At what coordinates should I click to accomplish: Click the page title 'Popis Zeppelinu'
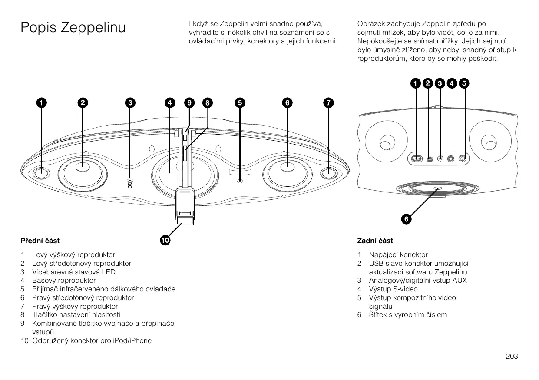(x=73, y=28)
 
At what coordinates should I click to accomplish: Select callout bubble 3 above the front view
(x=129, y=103)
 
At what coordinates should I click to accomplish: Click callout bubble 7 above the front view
(x=329, y=103)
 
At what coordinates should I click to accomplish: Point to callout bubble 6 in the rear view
(x=406, y=219)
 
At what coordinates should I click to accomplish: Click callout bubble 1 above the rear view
(x=416, y=83)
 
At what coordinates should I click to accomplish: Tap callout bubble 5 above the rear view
(x=464, y=83)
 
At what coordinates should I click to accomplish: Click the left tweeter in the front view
(x=41, y=172)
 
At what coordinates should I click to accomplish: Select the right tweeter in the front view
(x=329, y=172)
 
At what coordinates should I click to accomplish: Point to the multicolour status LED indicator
(x=130, y=183)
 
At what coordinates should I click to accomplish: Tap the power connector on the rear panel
(x=417, y=159)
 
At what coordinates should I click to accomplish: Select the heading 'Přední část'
(x=40, y=241)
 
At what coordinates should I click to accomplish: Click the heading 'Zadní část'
(x=375, y=241)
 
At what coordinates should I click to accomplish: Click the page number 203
(x=512, y=357)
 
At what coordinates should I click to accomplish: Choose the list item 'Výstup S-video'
(x=393, y=289)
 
